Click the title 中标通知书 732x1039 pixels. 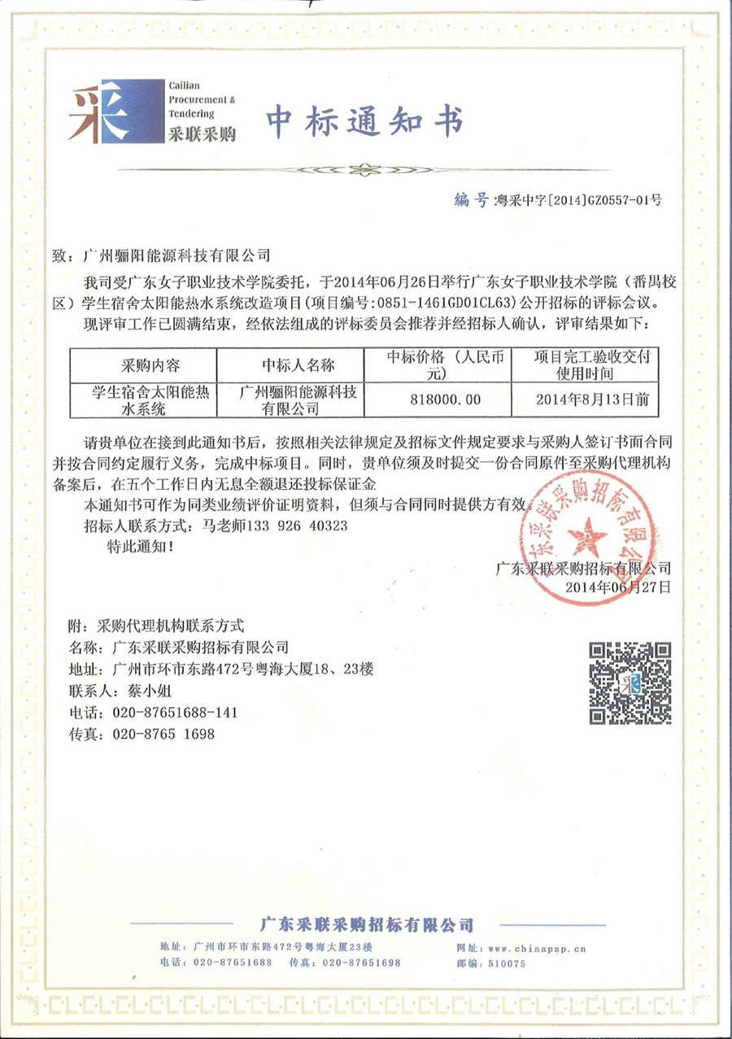coord(364,122)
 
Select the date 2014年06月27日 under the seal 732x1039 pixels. coord(617,586)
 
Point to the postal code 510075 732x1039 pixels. coord(509,963)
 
